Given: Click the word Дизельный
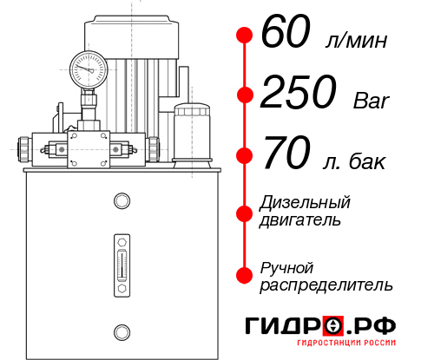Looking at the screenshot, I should coord(306,203).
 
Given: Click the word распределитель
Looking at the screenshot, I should coord(326,284).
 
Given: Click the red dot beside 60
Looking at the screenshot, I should coord(245,36).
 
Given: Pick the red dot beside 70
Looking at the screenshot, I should coord(245,156).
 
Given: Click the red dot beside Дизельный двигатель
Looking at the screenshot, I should coord(245,211).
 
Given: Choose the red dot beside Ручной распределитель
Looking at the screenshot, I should coord(245,275).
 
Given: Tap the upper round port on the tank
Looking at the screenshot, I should coord(121,202).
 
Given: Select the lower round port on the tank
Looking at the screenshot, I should coord(121,331).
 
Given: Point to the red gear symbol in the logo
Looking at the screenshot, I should coord(332,326).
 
